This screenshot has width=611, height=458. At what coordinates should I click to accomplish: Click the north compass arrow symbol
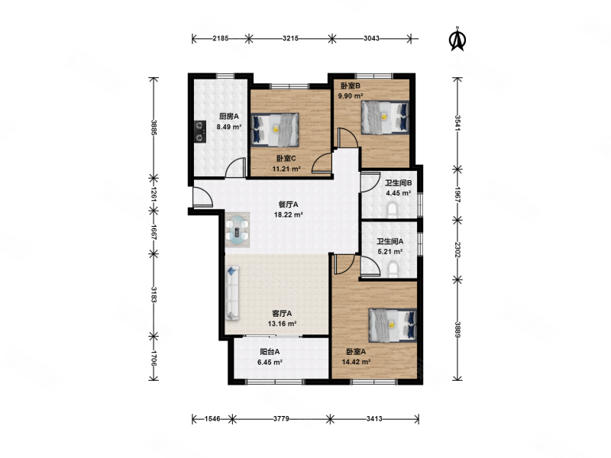coord(457,39)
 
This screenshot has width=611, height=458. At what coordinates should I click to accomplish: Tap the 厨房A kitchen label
coord(228,116)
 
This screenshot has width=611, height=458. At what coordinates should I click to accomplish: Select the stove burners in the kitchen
coord(200,131)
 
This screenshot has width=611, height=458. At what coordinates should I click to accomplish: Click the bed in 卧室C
coord(275,130)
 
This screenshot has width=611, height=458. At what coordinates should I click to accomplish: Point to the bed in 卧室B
coord(385,118)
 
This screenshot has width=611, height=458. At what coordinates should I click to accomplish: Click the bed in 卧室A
coord(393,325)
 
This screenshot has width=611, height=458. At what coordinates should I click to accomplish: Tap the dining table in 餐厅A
coord(237,230)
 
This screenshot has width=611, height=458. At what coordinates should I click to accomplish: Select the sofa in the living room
coord(232,293)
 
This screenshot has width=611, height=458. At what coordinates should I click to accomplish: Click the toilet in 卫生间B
coord(393,210)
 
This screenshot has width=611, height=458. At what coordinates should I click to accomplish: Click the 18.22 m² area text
coord(289,214)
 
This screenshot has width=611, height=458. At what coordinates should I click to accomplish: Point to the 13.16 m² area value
coord(282,323)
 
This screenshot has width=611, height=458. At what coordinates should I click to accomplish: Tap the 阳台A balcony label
coord(270,352)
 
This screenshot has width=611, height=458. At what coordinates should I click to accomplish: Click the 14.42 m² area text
coord(356,362)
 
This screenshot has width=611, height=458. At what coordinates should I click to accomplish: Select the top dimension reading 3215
coord(290,38)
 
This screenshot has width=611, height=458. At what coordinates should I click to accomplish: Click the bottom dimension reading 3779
coord(281,418)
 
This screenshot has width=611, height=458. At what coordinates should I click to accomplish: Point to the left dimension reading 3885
coord(154,127)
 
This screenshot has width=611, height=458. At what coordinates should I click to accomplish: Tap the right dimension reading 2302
coord(457,250)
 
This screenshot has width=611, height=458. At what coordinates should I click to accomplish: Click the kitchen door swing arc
coord(235,166)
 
